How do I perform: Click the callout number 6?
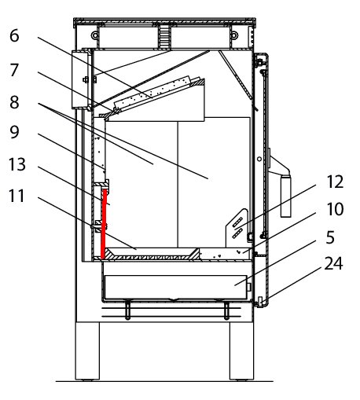click(x=14, y=35)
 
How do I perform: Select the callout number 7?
click(x=14, y=70)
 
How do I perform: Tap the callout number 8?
click(x=14, y=102)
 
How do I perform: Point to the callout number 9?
click(x=14, y=132)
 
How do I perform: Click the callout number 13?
click(x=17, y=164)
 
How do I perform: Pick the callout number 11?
click(x=17, y=196)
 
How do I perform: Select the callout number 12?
click(x=335, y=182)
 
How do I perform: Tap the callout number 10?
click(x=335, y=209)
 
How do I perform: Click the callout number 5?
click(x=330, y=237)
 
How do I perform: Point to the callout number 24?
click(x=333, y=263)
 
